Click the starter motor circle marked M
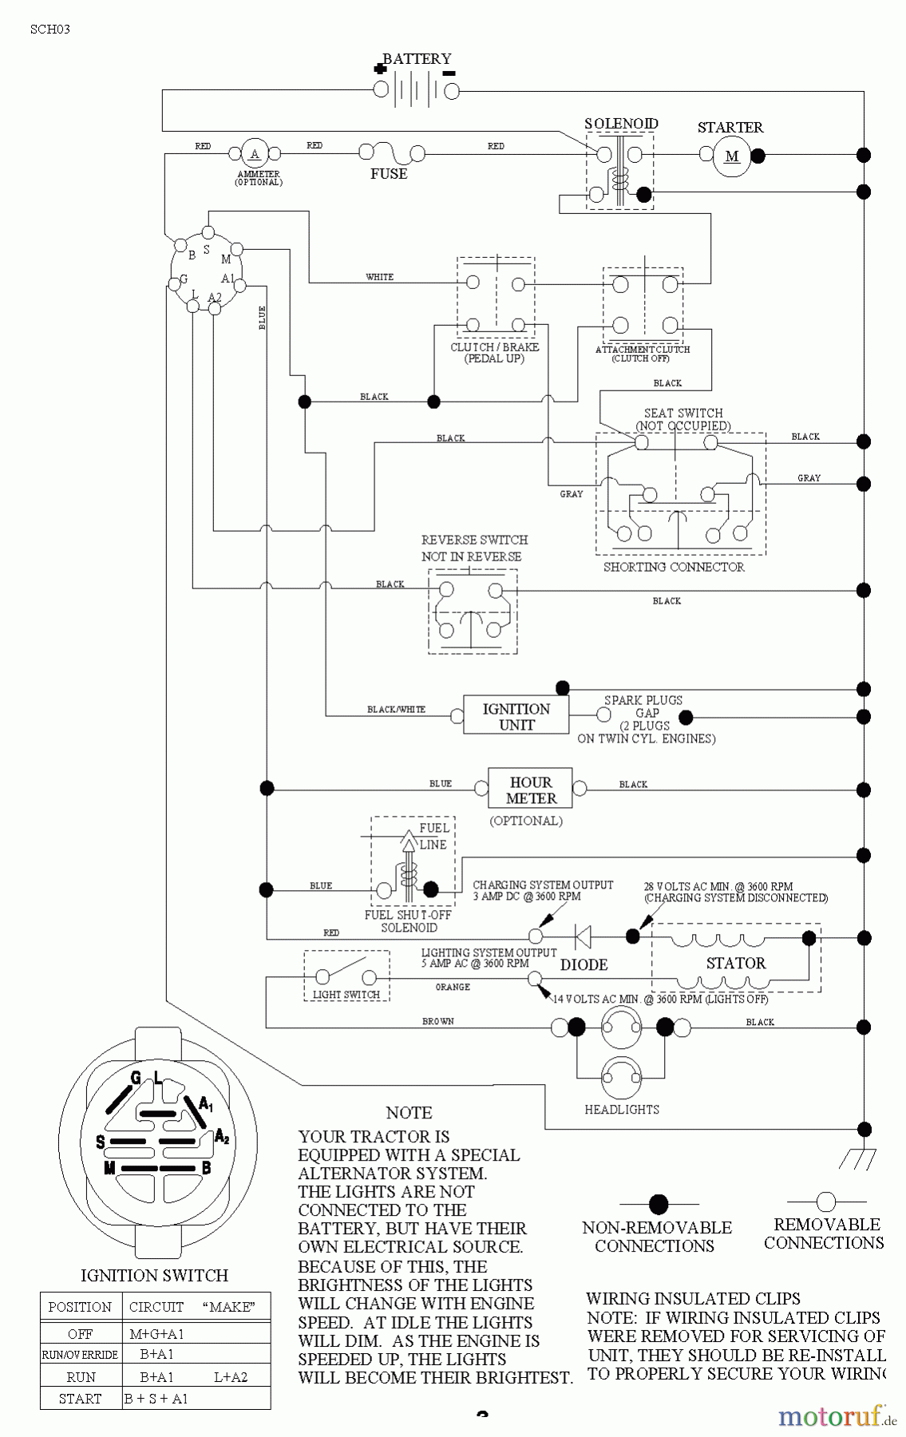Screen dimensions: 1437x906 click(732, 156)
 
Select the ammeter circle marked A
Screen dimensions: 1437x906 click(255, 154)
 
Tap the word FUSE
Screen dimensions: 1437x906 click(389, 174)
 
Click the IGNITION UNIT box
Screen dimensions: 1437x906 click(516, 716)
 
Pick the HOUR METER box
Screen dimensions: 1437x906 click(531, 790)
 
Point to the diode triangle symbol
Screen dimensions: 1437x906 click(583, 936)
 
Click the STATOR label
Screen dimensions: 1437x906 click(735, 964)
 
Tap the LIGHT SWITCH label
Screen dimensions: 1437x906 click(346, 995)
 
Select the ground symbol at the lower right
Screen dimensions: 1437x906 click(860, 1159)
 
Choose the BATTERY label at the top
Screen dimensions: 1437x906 click(417, 58)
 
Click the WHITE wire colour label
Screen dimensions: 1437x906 click(379, 277)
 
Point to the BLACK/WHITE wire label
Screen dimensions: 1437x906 click(396, 709)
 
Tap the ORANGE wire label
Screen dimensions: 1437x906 click(453, 988)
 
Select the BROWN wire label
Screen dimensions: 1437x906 click(438, 1021)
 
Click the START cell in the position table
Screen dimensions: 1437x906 click(80, 1399)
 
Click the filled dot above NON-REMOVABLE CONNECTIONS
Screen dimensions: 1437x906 click(659, 1204)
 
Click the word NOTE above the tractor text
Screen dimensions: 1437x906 click(409, 1113)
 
